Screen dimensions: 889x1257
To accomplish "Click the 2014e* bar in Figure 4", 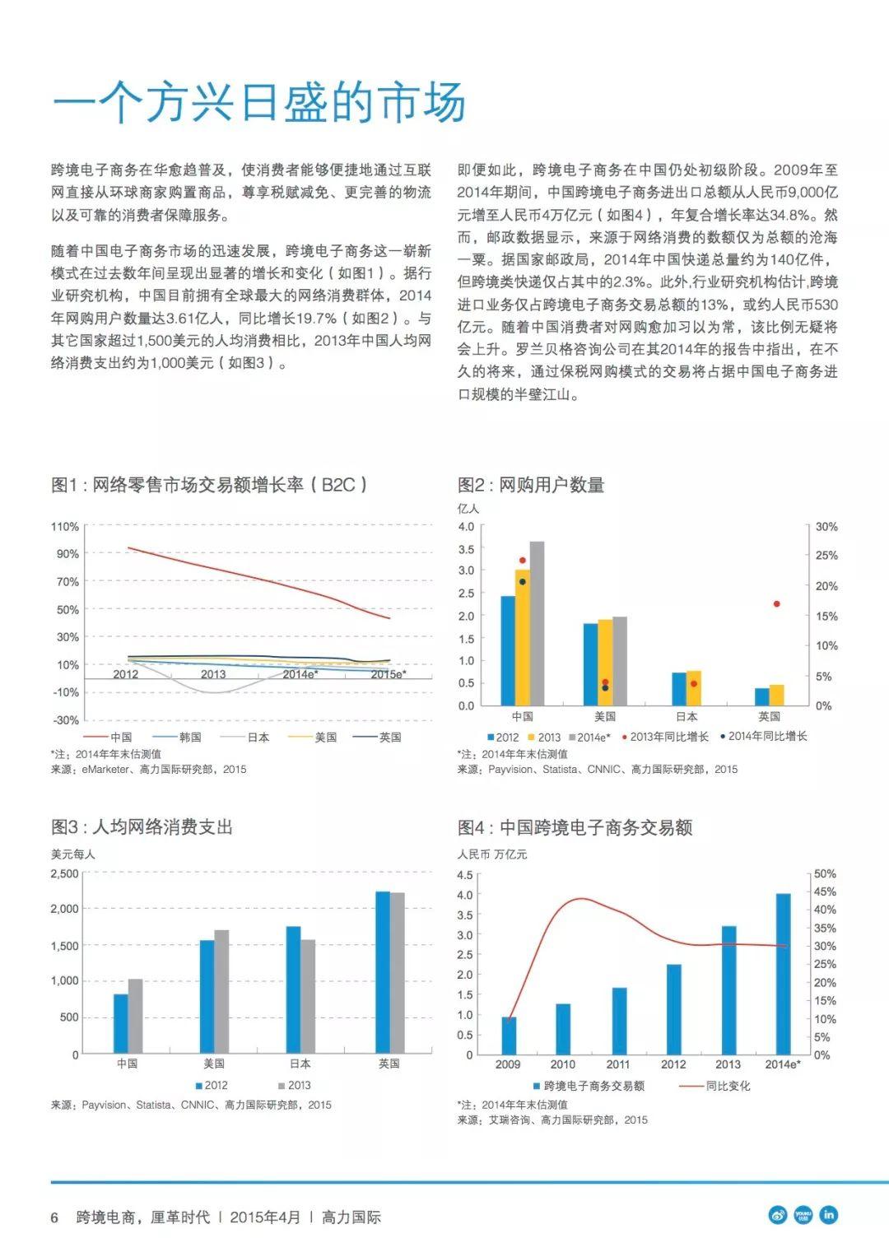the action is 784,974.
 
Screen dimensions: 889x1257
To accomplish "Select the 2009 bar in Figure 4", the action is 509,1036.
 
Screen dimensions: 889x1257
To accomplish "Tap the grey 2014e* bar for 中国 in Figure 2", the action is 537,623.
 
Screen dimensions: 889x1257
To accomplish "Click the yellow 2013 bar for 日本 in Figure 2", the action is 694,688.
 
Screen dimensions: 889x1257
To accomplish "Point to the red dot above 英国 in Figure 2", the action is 777,604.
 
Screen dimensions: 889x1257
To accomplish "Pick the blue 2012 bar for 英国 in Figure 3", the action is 383,973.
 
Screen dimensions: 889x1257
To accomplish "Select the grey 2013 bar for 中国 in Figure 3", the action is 135,1017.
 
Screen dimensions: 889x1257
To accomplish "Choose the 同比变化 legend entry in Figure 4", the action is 714,1086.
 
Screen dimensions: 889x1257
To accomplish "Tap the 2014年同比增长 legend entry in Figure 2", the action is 764,736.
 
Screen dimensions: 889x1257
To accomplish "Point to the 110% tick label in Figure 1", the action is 65,526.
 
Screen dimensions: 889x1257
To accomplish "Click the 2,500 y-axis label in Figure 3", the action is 65,873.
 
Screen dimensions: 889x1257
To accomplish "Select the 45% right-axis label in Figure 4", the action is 825,892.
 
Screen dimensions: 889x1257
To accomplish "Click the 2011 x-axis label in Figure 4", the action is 618,1064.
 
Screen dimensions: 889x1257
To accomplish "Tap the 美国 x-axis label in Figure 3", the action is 214,1064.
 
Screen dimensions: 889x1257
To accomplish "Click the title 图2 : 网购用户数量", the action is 531,485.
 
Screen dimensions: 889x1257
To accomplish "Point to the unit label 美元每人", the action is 73,854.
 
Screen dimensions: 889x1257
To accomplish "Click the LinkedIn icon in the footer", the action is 828,1215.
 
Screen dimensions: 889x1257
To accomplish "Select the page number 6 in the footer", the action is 54,1217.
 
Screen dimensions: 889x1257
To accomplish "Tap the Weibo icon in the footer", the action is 778,1215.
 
